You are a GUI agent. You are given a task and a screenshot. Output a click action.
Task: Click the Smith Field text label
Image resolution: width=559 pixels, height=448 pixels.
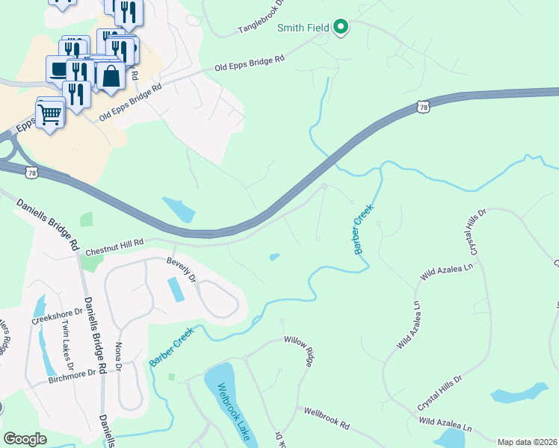click(303, 28)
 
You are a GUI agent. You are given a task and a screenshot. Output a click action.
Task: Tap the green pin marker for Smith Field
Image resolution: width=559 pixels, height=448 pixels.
click(342, 28)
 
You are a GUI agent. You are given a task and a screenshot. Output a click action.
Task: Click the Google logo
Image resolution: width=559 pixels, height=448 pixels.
click(25, 439)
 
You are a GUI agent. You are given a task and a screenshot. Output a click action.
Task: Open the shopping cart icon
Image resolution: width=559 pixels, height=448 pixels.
click(50, 114)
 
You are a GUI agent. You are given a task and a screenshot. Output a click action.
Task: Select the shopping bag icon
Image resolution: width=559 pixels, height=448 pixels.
click(111, 76)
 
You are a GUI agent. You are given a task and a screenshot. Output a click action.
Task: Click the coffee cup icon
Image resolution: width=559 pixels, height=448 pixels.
click(58, 69)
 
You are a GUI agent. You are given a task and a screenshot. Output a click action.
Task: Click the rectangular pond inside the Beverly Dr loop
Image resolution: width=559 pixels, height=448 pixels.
click(176, 289)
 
